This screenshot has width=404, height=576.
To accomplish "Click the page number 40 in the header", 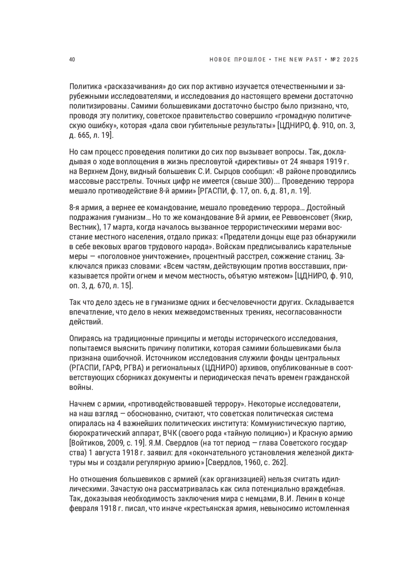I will [x=72, y=60].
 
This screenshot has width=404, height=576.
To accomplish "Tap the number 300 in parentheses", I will [x=264, y=181].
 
